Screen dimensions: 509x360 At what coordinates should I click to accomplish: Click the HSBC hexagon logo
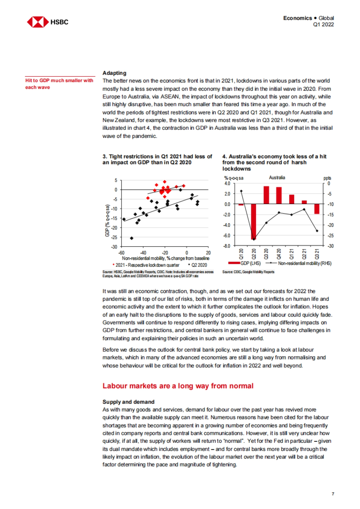[38, 22]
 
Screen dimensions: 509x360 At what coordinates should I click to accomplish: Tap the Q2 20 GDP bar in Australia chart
[254, 222]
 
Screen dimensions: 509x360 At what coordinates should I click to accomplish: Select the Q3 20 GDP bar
[266, 195]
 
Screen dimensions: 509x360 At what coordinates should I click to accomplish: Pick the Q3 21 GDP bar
[317, 209]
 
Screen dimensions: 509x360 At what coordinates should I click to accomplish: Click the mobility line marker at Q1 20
[241, 191]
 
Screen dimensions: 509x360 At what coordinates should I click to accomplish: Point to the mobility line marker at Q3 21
[317, 231]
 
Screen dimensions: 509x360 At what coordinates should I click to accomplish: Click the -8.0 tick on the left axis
[227, 246]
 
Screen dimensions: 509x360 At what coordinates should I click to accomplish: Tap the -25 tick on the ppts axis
[329, 236]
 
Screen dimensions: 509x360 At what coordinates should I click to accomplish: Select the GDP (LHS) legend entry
[244, 263]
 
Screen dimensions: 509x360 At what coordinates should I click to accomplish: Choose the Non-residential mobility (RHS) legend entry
[304, 263]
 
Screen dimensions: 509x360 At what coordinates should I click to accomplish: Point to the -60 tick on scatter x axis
[121, 253]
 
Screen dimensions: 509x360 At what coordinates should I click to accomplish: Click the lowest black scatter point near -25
[131, 238]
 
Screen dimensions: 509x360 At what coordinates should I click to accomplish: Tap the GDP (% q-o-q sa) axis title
[107, 220]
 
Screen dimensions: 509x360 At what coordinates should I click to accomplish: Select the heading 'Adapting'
[114, 73]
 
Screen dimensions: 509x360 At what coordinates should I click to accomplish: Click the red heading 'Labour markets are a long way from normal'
[178, 386]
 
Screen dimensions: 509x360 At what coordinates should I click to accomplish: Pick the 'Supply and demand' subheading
[128, 402]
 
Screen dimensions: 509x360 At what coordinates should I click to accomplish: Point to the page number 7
[333, 494]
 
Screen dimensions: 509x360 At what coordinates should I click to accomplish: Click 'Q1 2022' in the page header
[323, 25]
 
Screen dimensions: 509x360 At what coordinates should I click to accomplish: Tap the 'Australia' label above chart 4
[277, 177]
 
